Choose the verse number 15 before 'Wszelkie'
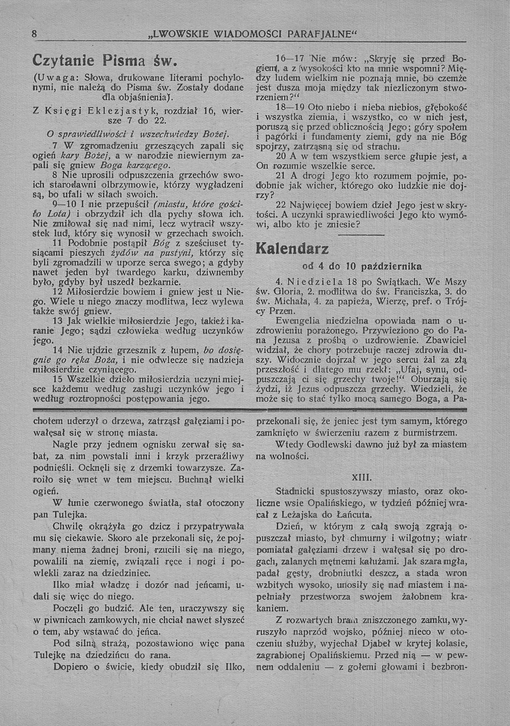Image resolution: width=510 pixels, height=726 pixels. pyautogui.click(x=58, y=379)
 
